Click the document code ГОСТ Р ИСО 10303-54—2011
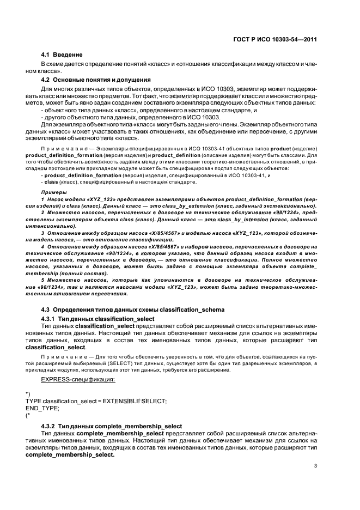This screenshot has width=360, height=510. point(280,39)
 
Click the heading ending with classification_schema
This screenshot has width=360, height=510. point(133,309)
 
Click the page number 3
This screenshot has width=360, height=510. point(316,465)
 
